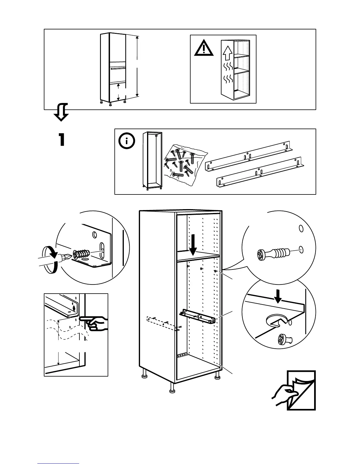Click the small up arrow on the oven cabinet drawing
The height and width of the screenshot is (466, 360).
click(x=118, y=86)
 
